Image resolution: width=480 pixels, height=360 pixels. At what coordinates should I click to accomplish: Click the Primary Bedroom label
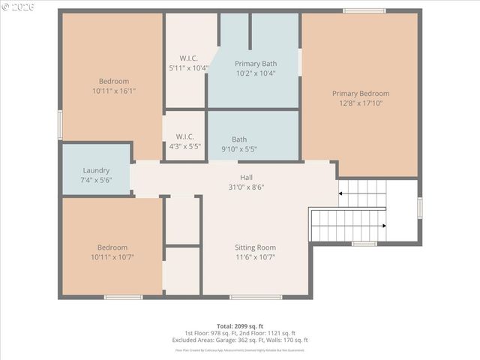tap(361, 94)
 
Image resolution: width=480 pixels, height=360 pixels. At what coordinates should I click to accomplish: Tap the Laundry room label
tap(96, 170)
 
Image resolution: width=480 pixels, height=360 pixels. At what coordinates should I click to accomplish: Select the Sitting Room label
tap(255, 247)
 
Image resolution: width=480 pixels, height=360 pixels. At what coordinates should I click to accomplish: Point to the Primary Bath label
tap(255, 64)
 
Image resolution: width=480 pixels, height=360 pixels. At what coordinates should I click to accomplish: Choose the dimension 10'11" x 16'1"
tap(114, 91)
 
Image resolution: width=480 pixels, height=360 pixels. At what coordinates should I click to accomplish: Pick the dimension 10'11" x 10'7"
tap(112, 257)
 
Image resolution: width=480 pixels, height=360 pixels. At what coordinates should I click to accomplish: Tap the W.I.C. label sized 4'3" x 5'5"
tap(184, 136)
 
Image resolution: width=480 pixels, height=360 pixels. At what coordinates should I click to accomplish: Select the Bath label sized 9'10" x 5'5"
tap(239, 139)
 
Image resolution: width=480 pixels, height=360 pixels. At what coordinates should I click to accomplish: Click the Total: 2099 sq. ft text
tap(240, 325)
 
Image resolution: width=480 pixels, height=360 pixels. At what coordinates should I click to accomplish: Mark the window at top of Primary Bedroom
tap(364, 10)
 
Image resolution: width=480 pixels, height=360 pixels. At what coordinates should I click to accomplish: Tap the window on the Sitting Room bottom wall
tap(256, 298)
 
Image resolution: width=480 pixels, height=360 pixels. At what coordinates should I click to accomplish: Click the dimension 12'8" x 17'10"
tap(361, 103)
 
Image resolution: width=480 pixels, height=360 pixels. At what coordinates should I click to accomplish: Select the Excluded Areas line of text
tap(240, 340)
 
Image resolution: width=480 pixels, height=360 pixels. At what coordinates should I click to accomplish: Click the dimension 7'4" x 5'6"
tap(96, 180)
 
